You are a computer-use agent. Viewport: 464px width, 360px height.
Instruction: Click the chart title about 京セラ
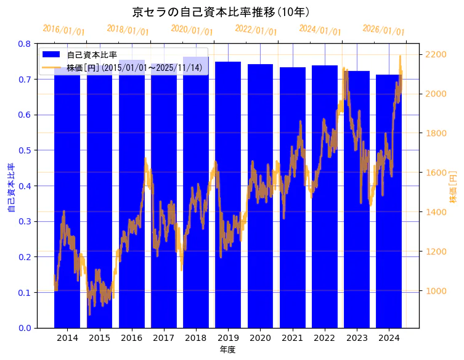(221, 12)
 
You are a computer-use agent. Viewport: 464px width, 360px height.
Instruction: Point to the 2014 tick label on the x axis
(67, 338)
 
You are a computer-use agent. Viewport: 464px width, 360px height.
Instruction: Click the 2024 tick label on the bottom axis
(389, 338)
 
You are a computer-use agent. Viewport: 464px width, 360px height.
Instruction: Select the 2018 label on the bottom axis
(196, 338)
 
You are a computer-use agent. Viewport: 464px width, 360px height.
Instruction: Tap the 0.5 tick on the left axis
(25, 150)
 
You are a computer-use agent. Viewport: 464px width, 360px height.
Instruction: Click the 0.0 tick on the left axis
(25, 328)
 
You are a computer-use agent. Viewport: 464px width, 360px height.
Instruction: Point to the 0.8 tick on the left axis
(25, 44)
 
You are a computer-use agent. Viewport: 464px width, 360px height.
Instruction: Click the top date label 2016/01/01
(63, 30)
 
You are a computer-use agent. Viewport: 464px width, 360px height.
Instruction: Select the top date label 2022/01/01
(256, 30)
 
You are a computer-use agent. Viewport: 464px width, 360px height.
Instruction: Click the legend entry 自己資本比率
(92, 55)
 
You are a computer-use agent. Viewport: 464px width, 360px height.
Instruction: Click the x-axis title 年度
(227, 350)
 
